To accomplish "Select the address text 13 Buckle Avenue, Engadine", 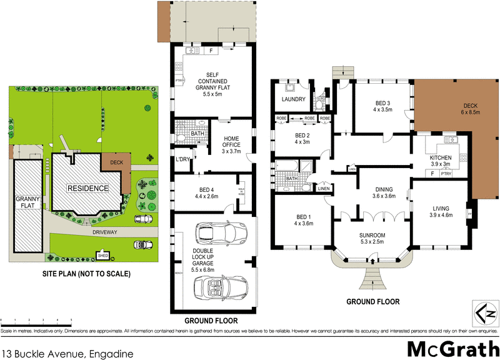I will tap(67, 353).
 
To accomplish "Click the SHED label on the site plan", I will tap(101, 255).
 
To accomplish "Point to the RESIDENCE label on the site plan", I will tap(88, 188).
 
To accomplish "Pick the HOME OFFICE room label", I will tap(231, 143).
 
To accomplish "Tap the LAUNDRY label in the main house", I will tap(293, 99).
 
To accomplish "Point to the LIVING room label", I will tap(441, 213).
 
